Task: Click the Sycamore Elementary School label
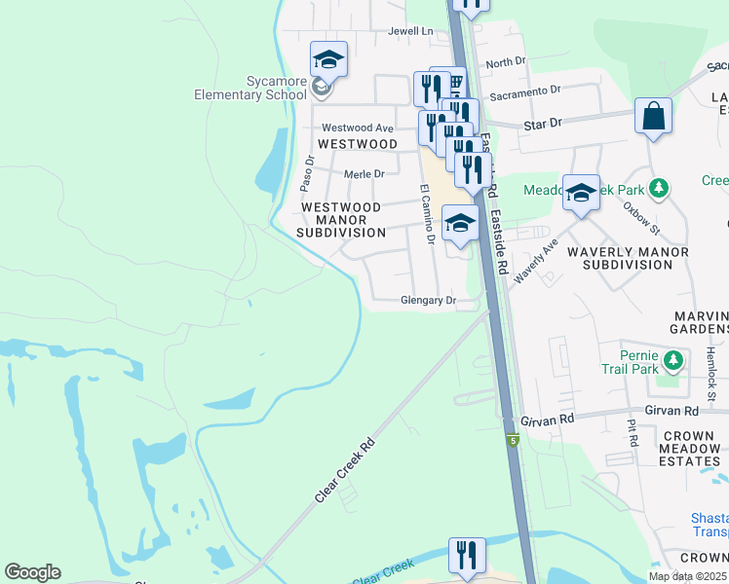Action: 251,87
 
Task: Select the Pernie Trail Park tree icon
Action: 672,363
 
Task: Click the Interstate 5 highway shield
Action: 513,441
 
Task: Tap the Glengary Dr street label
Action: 429,301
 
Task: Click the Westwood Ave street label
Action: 357,128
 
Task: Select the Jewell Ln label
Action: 409,31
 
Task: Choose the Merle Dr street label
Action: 364,174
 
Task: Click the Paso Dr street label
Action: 306,172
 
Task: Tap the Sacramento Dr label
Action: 525,90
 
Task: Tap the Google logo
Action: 32,572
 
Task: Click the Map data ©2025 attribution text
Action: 688,576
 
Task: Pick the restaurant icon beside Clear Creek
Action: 466,556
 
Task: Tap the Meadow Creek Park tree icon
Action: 660,186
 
